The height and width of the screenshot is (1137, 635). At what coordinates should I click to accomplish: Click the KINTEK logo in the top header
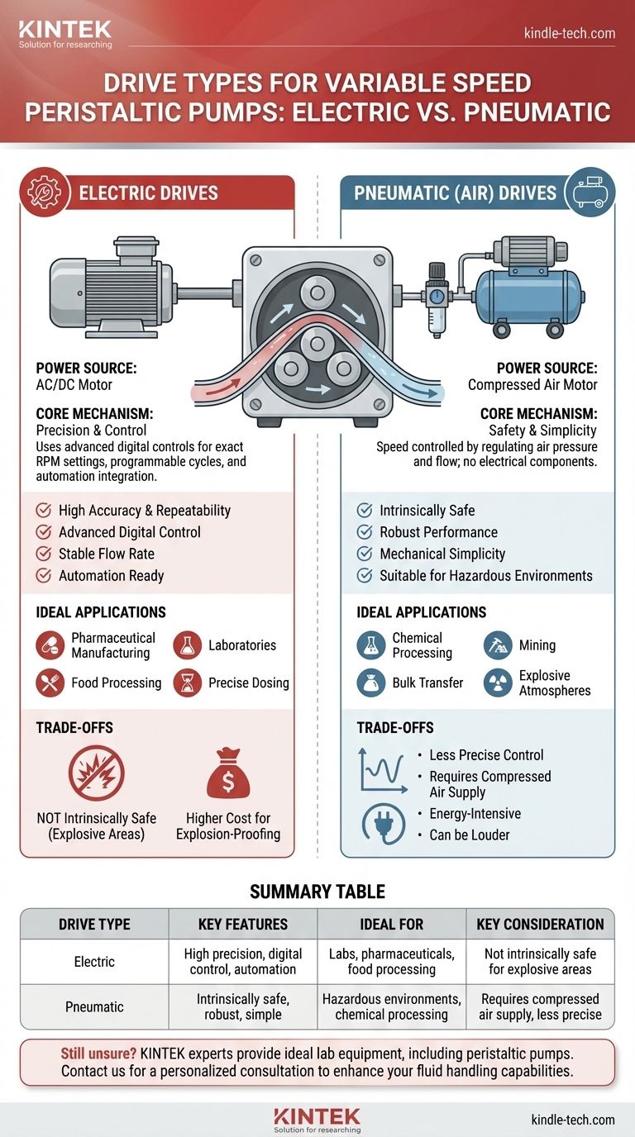pos(64,34)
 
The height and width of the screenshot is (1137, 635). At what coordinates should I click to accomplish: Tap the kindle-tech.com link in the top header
pos(569,34)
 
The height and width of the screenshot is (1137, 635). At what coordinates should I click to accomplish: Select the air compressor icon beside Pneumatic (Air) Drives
pos(590,193)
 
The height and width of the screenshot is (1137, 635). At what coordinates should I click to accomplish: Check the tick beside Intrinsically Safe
pos(363,511)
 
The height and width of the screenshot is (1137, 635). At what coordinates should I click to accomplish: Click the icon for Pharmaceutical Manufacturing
pos(48,645)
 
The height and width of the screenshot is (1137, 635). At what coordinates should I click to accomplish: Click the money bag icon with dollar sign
pos(227,773)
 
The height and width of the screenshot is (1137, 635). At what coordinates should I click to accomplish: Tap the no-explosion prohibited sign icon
pos(96,773)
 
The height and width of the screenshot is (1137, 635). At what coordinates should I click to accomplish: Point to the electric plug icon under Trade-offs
pos(382,823)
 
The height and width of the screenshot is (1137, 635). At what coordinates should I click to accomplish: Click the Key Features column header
pos(243,924)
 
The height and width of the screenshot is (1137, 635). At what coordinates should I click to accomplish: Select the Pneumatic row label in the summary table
pos(94,1006)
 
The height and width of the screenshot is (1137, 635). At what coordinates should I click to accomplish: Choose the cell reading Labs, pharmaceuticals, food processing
pos(392,962)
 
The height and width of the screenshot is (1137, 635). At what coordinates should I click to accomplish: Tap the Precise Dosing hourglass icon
pos(187,683)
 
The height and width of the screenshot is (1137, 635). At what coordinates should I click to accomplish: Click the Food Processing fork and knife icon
pos(48,683)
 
